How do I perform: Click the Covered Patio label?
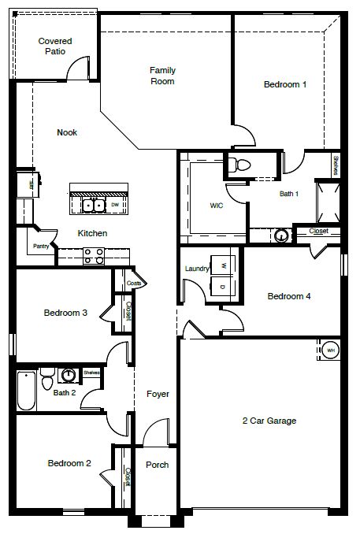[x=55, y=46]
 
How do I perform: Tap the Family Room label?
[x=162, y=75]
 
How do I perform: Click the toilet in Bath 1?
[x=241, y=165]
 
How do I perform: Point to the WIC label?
[x=217, y=205]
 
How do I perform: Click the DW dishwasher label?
[x=115, y=206]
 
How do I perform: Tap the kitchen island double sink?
[x=94, y=206]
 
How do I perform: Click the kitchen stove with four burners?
[x=94, y=255]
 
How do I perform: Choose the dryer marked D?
[x=223, y=287]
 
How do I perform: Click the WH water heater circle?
[x=331, y=350]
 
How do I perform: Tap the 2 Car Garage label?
[x=269, y=421]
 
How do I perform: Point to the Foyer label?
[x=158, y=394]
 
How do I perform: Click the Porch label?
[x=158, y=465]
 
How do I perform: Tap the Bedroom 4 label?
[x=289, y=296]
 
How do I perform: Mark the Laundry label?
[x=196, y=269]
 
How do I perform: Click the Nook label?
[x=67, y=132]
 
